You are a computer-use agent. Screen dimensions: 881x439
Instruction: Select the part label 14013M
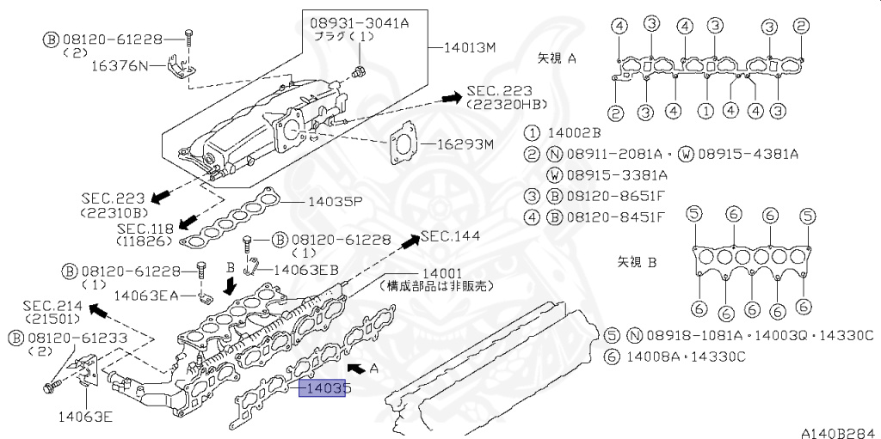coord(471,48)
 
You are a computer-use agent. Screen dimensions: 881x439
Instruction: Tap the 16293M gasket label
coord(465,145)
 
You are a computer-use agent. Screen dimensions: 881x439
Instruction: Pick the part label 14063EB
coord(305,270)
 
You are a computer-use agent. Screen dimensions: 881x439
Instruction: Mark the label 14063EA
coord(146,295)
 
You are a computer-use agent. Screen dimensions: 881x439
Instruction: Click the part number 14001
coord(442,273)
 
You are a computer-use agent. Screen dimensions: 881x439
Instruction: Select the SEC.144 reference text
coord(451,236)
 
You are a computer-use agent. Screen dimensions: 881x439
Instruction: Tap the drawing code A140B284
coord(840,433)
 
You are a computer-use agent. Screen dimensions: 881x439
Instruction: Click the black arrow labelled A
coord(356,369)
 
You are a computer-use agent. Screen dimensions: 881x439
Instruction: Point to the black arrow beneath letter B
coord(230,287)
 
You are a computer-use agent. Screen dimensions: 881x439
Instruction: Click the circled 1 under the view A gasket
coord(706,111)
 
